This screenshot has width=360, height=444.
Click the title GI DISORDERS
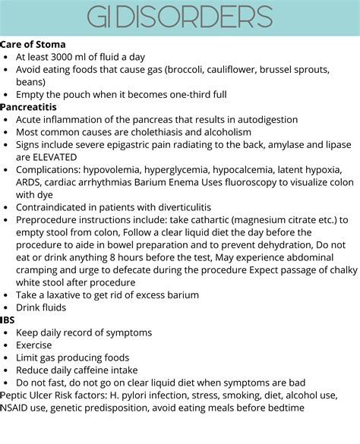[x=179, y=17]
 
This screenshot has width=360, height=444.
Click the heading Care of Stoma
[x=33, y=45]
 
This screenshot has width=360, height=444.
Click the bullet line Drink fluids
[x=41, y=307]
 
